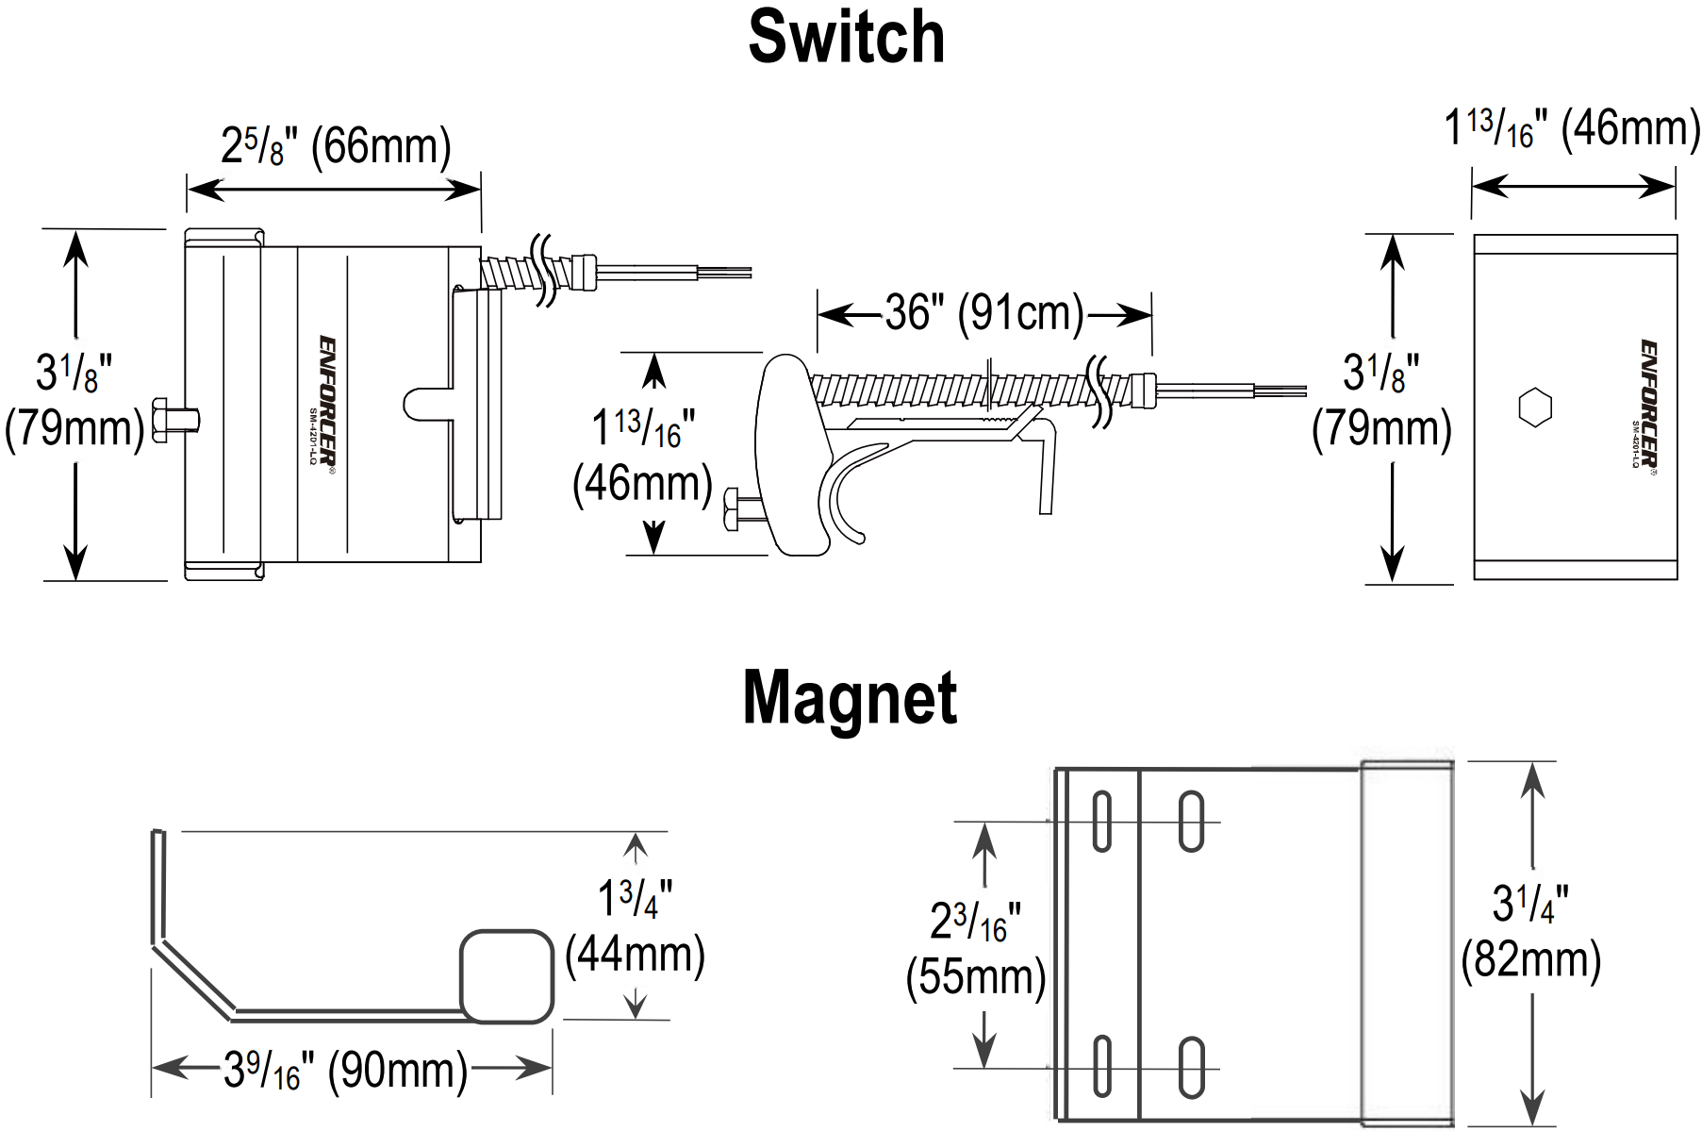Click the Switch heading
846,38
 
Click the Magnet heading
850,698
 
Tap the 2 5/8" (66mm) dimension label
336,147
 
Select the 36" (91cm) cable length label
984,313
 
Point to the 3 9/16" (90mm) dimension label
345,1070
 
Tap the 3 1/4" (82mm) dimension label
1530,932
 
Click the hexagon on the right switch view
1535,407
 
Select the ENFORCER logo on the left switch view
326,400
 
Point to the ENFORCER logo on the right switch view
1648,404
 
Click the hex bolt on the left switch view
174,420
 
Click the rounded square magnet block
506,976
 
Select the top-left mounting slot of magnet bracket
1101,821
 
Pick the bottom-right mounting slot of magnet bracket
1191,1067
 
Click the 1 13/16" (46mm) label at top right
1572,129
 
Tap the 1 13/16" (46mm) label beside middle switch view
642,456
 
